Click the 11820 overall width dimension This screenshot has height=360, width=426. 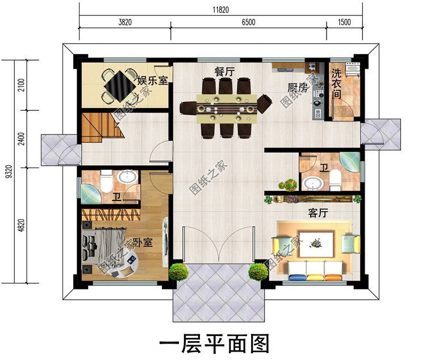pyautogui.click(x=220, y=9)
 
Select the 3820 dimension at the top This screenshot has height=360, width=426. pyautogui.click(x=124, y=22)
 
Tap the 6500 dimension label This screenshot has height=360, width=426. pyautogui.click(x=248, y=22)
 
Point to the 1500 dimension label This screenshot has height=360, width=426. pyautogui.click(x=344, y=22)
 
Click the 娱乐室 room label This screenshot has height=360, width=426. pyautogui.click(x=152, y=79)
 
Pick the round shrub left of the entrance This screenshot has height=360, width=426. pyautogui.click(x=179, y=271)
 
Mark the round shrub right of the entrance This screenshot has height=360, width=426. pyautogui.click(x=258, y=271)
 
